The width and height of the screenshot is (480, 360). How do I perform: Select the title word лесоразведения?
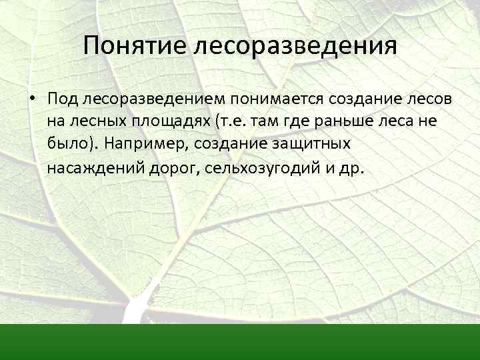(295, 46)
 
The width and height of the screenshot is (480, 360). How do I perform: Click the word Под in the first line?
(63, 99)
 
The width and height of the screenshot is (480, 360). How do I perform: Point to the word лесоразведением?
(155, 99)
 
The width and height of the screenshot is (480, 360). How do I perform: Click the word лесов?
(425, 99)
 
